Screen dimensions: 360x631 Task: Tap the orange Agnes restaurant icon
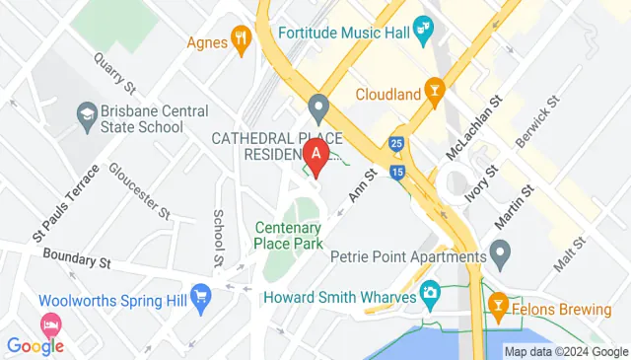tap(241, 40)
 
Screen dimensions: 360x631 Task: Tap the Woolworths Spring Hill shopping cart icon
tap(202, 296)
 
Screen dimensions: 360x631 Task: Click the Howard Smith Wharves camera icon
tap(430, 292)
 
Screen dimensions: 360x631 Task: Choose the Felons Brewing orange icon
tap(498, 309)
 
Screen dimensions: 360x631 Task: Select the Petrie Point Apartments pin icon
tap(500, 257)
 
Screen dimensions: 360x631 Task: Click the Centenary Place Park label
tap(289, 233)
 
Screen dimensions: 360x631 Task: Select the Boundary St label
tap(76, 259)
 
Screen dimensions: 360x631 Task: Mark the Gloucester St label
tap(139, 191)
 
